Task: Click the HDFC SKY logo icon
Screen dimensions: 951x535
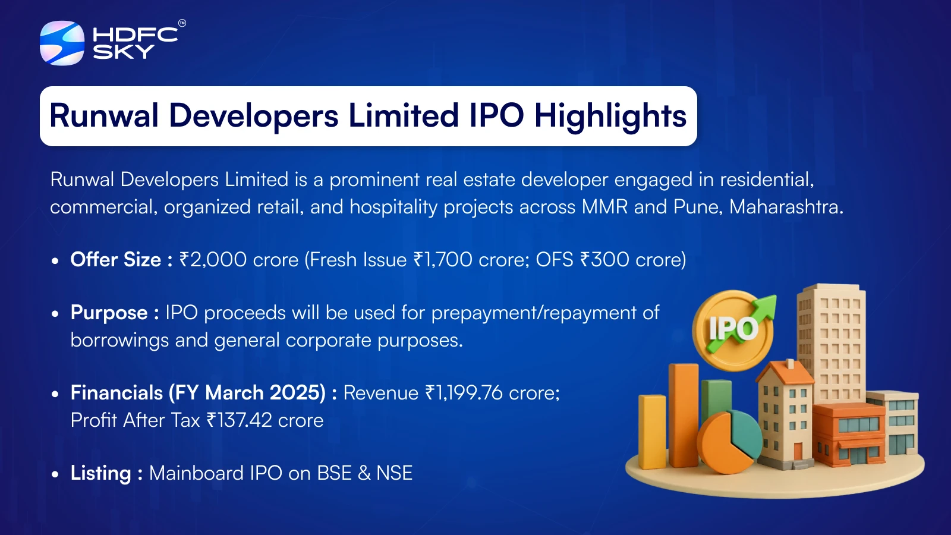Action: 62,43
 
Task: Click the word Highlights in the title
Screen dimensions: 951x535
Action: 610,116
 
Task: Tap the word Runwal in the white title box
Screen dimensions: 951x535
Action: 104,115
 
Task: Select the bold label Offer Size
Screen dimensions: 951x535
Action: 115,259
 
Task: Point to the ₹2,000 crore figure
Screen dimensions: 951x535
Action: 239,259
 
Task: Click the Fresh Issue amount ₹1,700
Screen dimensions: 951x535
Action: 443,259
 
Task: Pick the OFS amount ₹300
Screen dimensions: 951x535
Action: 604,259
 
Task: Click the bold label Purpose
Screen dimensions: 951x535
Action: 109,313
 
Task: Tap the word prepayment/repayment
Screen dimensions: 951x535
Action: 534,313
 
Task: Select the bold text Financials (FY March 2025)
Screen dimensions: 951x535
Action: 198,393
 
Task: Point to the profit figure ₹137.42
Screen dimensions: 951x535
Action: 239,420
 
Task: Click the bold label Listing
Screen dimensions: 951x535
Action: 100,473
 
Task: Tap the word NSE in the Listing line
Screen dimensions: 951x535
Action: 395,473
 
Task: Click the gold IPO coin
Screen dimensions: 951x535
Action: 732,331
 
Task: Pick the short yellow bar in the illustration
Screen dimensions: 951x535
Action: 652,432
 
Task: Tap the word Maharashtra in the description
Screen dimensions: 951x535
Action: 786,207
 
